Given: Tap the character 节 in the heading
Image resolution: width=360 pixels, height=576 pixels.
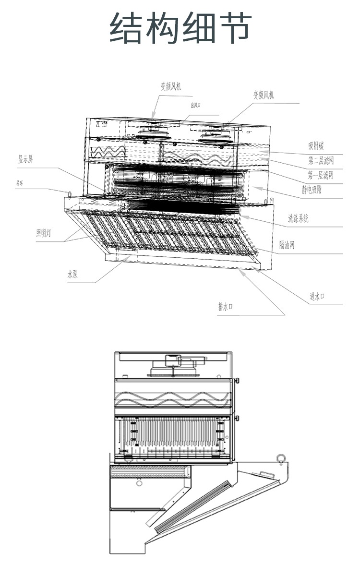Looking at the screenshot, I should click(234, 28).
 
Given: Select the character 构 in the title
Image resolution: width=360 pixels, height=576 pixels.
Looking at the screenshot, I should click(163, 28).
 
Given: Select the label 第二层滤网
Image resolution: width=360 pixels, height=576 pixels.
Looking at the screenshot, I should click(320, 160).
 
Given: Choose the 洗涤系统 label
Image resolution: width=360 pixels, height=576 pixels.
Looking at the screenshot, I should click(298, 219).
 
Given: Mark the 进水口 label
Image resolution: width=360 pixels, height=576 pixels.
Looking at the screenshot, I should click(317, 297).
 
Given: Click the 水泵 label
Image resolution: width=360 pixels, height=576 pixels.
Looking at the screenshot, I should click(72, 275).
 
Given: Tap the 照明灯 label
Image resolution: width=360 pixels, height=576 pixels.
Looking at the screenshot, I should click(47, 233).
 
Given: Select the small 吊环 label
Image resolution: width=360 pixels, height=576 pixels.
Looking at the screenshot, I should click(20, 183).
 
